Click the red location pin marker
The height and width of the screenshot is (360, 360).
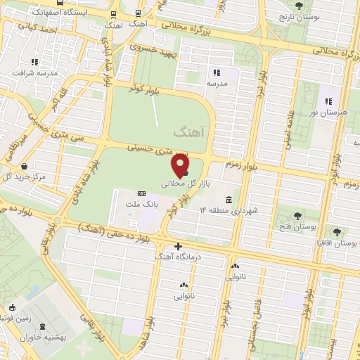click(181, 166)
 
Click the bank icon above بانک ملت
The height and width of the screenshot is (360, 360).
click(141, 193)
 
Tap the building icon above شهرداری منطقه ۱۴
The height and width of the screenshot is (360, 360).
click(230, 199)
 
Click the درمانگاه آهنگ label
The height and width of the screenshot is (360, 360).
click(178, 258)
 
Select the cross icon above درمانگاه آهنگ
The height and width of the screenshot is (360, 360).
click(178, 247)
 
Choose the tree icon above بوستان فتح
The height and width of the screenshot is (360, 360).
click(298, 216)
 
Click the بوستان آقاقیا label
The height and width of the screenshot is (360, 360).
click(336, 243)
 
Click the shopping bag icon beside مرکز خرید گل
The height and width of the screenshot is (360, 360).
click(25, 166)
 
